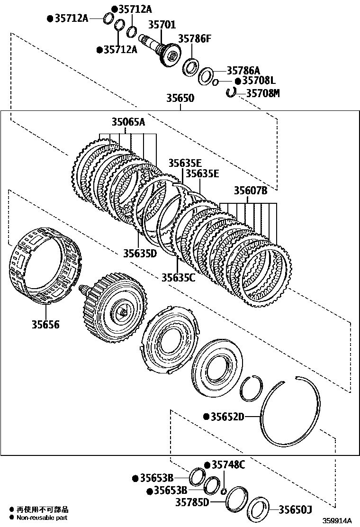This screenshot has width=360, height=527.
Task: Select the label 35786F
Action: pos(194,39)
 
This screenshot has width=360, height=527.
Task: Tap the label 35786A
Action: pos(243,70)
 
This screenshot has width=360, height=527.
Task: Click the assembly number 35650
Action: pos(180,99)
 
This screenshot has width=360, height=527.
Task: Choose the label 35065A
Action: pos(128,122)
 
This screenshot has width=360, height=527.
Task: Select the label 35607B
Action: pos(251,191)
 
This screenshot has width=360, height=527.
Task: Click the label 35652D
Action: pos(227,417)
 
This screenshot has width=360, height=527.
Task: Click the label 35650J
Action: pos(295,509)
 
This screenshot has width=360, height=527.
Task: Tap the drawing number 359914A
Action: pos(338,520)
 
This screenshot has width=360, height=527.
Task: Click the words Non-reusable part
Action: pos(43,518)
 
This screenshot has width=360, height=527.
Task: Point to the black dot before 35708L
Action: pos(238,82)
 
